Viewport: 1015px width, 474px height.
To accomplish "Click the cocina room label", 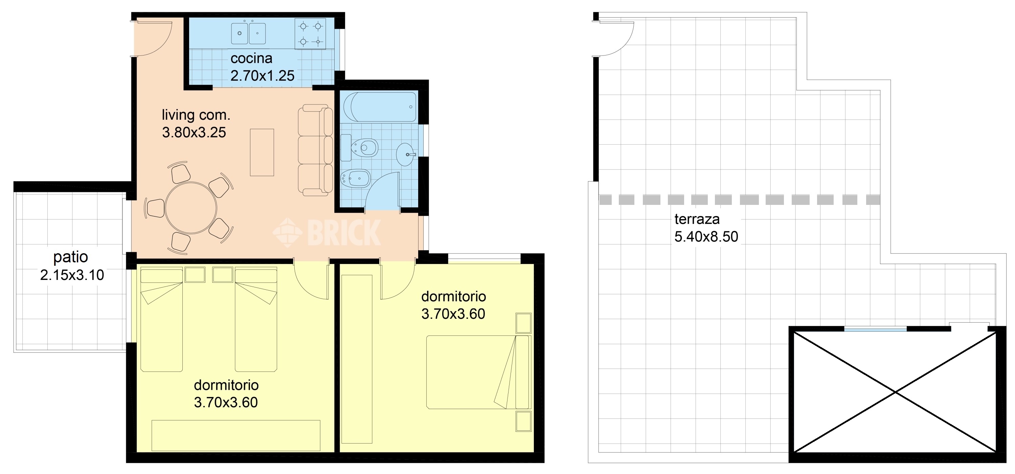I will (251, 58).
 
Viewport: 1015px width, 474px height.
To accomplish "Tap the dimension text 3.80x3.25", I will (194, 133).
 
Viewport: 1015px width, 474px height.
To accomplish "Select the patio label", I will (70, 257).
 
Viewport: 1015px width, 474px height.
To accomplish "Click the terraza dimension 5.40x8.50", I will (706, 237).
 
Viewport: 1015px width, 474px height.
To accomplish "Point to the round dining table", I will (191, 208).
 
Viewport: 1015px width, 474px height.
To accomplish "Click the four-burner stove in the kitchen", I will (310, 34).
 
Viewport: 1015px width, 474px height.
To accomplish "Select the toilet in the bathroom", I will (364, 148).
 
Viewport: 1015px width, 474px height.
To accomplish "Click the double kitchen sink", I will (248, 33).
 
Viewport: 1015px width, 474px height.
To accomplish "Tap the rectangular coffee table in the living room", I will (262, 152).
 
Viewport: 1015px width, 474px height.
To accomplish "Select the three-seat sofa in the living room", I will (315, 149).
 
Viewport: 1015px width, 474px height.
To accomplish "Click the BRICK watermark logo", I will (327, 233).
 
